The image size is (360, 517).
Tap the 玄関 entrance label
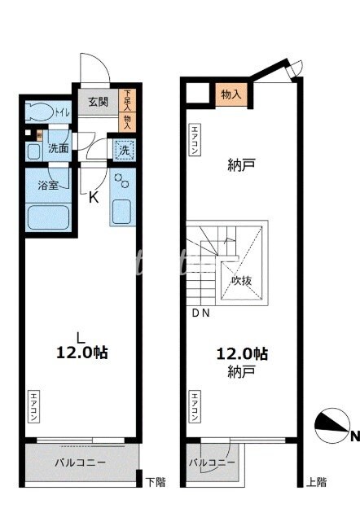[98, 102]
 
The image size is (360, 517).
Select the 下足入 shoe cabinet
[127, 100]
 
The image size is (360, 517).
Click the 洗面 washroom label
[57, 149]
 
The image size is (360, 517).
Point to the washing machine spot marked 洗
[124, 150]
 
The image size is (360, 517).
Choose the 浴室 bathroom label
[48, 185]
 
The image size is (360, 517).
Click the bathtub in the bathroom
[48, 217]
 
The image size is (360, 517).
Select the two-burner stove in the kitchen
[122, 180]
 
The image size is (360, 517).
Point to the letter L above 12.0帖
[79, 336]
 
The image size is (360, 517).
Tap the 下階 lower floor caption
[155, 482]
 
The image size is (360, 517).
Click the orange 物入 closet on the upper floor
[231, 94]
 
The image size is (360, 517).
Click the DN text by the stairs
[200, 313]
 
